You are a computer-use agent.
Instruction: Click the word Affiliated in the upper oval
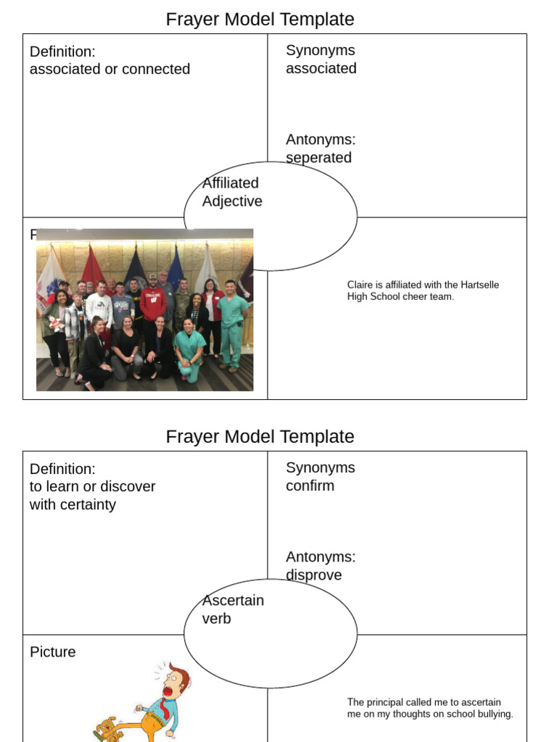230,183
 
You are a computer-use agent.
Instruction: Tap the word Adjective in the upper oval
232,201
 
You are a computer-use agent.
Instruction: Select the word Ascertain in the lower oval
233,601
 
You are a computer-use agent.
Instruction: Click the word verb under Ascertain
216,619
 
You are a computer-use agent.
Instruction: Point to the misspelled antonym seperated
318,158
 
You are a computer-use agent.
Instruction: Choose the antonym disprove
313,575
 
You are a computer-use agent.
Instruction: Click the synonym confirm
310,486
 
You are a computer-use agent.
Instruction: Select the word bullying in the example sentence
492,714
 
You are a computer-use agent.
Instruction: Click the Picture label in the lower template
52,652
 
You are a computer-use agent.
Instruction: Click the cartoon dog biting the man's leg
107,728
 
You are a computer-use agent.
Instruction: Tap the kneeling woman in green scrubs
189,348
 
